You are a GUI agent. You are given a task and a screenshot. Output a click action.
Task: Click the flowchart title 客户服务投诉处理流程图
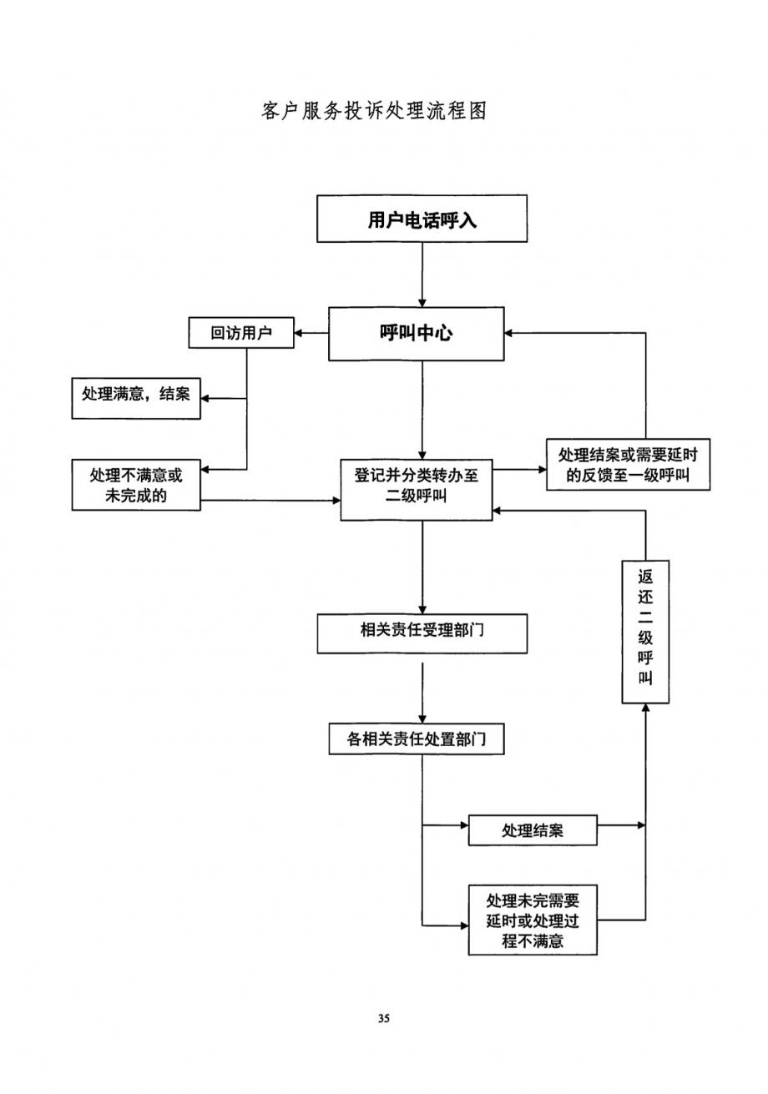coord(374,111)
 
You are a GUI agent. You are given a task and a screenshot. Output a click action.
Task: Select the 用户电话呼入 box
coord(422,219)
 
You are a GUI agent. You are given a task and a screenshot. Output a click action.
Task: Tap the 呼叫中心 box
coord(416,334)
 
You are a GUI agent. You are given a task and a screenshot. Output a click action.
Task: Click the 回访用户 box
coord(241,334)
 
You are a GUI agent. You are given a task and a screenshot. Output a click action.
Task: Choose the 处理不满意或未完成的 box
coord(136,486)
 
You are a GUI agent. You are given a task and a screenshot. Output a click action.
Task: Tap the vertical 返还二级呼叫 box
coord(645,632)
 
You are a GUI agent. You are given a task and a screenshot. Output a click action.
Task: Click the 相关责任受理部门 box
coord(422,633)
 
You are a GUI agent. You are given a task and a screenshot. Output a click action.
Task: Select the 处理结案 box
coord(533,830)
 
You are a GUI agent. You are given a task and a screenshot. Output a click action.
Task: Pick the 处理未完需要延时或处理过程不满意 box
coord(533,920)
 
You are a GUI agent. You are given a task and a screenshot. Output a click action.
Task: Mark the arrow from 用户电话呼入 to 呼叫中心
coord(422,275)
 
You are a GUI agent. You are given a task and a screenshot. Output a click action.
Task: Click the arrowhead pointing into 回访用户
coord(299,334)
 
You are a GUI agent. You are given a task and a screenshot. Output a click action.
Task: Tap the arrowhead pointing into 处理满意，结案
coord(205,398)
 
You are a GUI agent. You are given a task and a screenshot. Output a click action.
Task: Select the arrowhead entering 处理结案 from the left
coord(463,825)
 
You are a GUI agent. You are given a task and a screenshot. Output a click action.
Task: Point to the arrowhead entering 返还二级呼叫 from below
coord(645,708)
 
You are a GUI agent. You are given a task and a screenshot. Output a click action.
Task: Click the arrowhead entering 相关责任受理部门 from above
coord(422,609)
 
